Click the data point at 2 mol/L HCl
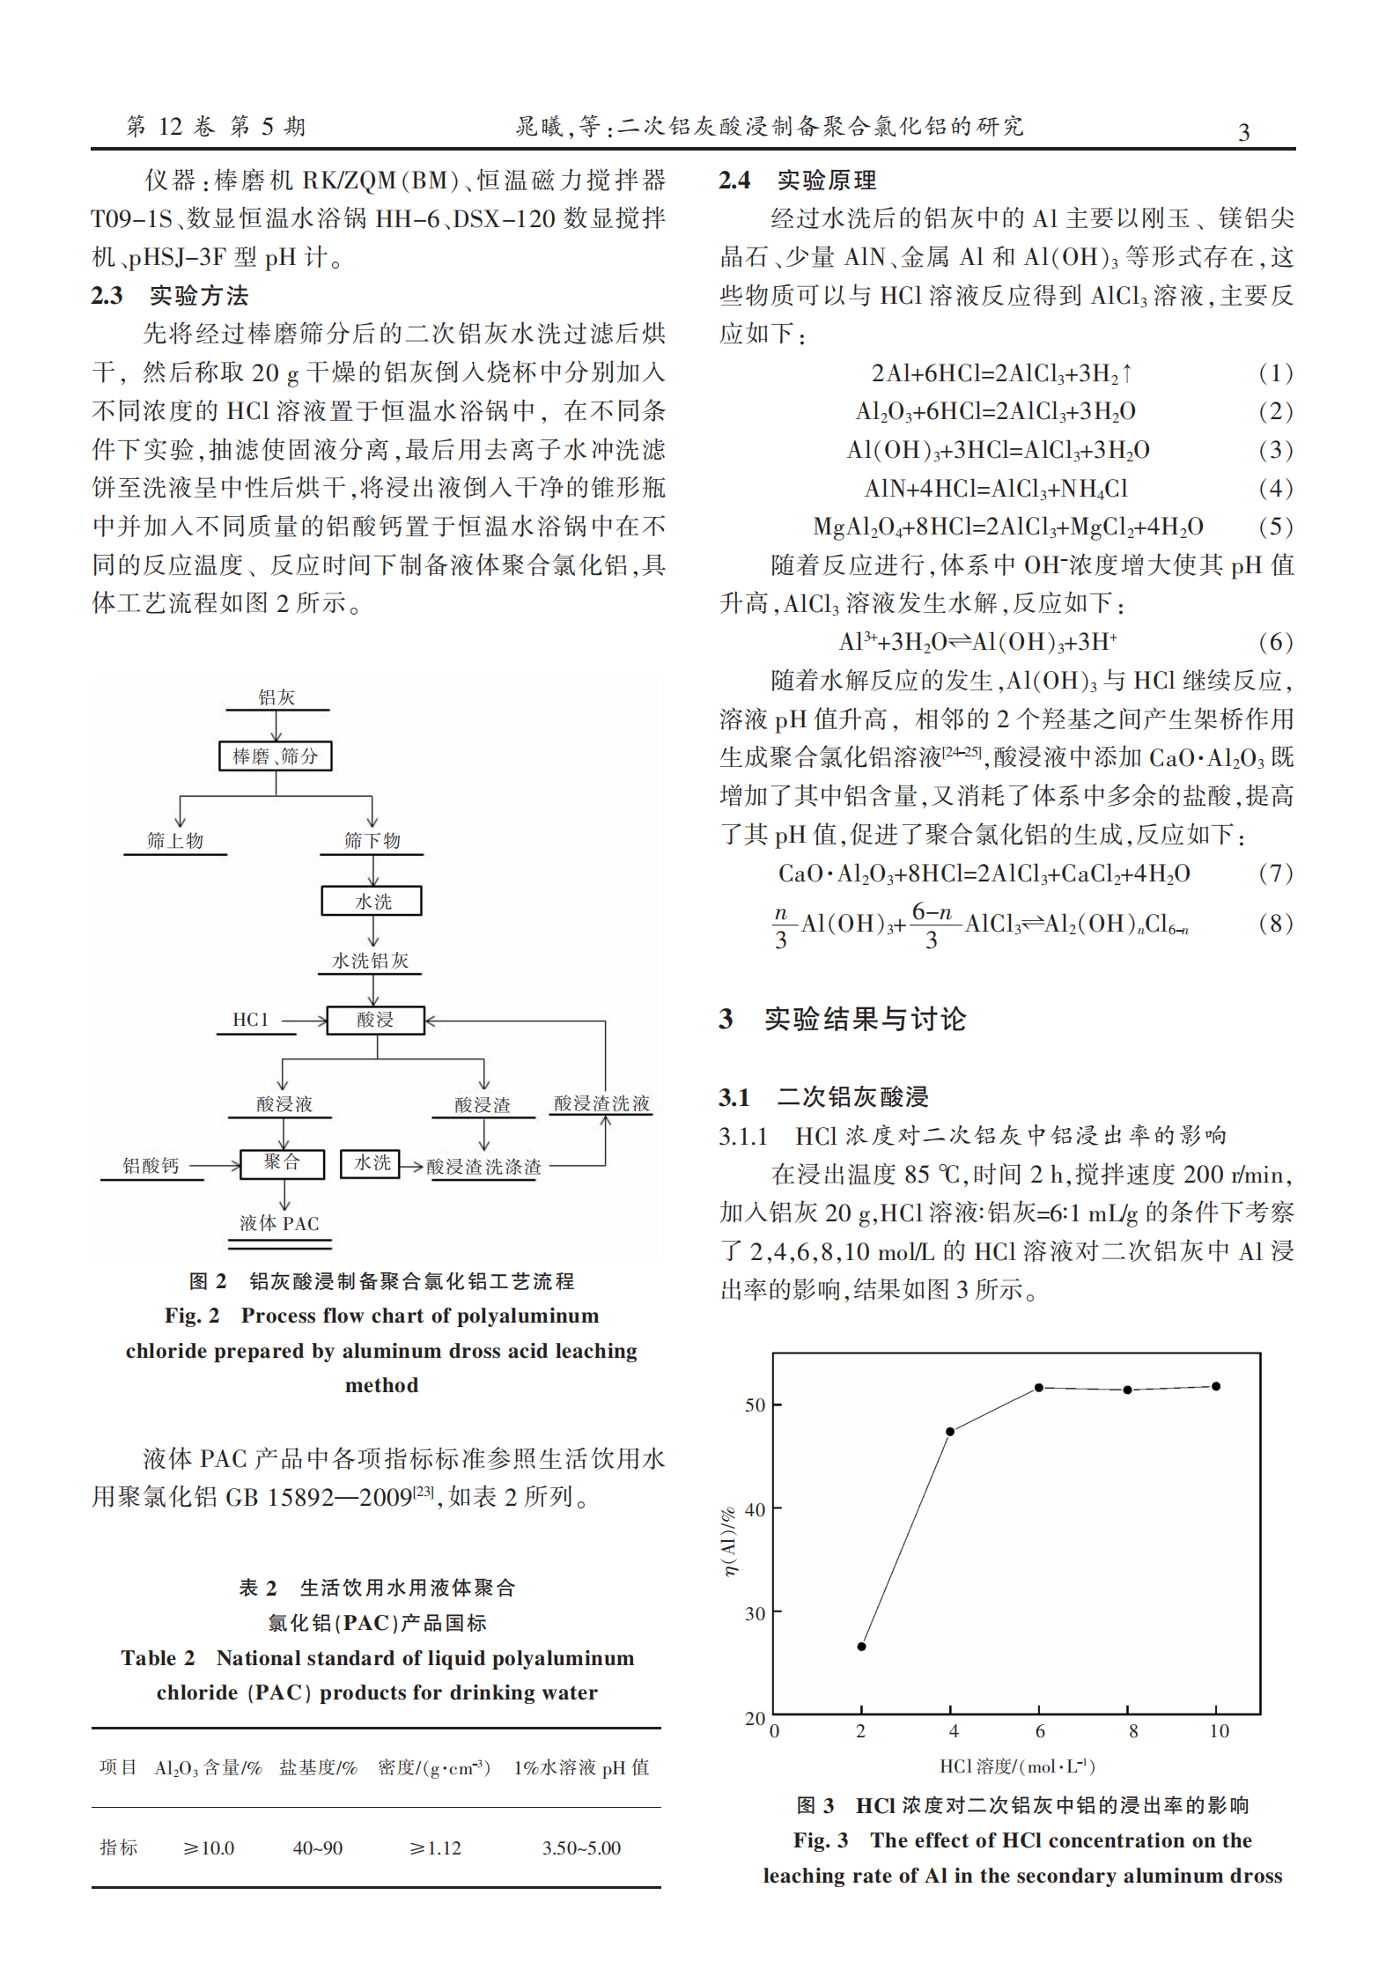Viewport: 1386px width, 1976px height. tap(861, 1646)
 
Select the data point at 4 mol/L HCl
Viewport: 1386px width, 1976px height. tap(950, 1431)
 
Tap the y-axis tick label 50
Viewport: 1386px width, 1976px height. tap(755, 1405)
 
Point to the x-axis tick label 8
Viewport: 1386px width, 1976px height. tap(1133, 1730)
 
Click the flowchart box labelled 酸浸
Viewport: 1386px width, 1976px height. tap(375, 1020)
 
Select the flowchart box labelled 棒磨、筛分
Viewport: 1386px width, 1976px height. tap(276, 756)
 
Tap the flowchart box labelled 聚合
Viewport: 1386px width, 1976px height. tap(283, 1163)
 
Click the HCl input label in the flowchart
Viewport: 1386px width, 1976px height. tap(250, 1020)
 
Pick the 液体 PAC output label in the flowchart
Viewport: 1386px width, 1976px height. tap(279, 1223)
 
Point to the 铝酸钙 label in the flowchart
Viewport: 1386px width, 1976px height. tap(151, 1166)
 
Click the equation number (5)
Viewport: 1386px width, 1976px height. tap(1275, 527)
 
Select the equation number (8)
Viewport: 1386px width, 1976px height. tap(1275, 923)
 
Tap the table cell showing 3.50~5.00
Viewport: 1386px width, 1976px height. tap(581, 1847)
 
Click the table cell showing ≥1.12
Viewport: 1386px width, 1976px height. tap(435, 1847)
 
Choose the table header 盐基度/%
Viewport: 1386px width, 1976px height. tap(318, 1767)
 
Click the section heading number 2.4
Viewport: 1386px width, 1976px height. tap(734, 181)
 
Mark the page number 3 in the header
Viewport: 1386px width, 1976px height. tap(1244, 132)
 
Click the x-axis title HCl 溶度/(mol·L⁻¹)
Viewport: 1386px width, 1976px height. tap(1017, 1766)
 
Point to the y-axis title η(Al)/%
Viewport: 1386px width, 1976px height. tap(729, 1541)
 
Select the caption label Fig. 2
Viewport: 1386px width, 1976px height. tap(192, 1316)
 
